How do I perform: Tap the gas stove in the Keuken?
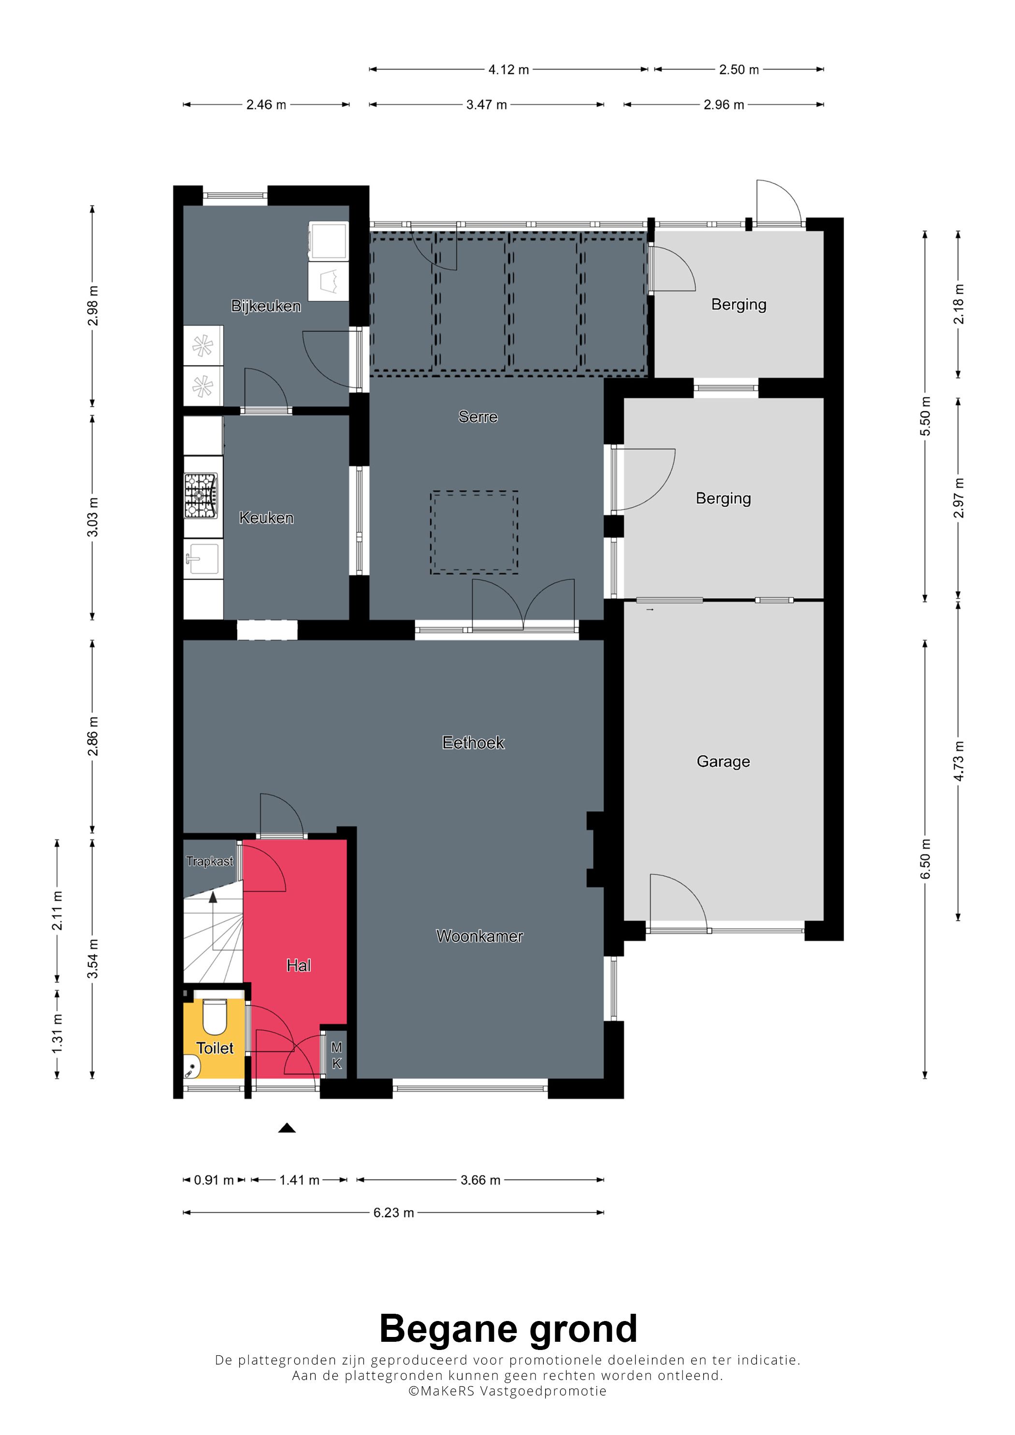tap(201, 496)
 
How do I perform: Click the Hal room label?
tap(298, 966)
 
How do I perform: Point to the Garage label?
tap(723, 761)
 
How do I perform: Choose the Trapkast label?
tap(209, 861)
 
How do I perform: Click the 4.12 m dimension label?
tap(508, 70)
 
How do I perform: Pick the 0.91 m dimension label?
tap(213, 1180)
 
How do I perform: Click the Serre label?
tap(478, 417)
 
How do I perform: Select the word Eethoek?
tap(473, 742)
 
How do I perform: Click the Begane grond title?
tap(508, 1329)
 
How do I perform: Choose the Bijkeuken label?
tap(266, 306)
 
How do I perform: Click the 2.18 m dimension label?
tap(958, 304)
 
